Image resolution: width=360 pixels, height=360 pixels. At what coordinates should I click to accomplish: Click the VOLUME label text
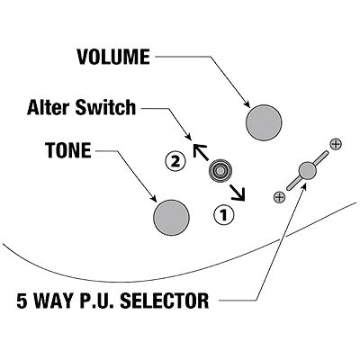coord(113,57)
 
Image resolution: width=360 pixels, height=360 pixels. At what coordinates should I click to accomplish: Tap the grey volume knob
coord(264,122)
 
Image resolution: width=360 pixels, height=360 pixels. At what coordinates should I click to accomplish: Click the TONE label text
coord(68,150)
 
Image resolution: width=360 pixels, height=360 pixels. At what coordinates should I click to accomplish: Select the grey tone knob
coord(171,218)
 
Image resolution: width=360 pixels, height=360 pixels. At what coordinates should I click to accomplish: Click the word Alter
coord(49,107)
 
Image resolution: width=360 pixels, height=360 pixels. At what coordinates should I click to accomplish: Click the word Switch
coord(105,107)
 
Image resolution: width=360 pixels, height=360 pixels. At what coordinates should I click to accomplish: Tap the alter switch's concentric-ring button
coord(220,171)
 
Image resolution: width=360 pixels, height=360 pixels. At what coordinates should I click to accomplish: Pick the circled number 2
coord(175,162)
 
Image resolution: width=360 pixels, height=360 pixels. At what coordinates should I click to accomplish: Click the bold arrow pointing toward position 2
coord(201,152)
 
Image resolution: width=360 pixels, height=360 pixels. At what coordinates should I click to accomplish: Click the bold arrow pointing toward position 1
coord(238,193)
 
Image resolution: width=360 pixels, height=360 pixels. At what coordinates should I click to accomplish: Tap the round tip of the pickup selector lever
coord(308,170)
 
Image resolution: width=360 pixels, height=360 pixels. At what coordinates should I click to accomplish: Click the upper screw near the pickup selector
coord(336,144)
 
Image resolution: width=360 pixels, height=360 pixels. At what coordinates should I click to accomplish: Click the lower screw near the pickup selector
coord(279,197)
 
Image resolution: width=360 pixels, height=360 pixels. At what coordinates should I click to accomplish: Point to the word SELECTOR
coord(164,301)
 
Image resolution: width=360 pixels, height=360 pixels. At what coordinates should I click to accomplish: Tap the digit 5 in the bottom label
coord(22,301)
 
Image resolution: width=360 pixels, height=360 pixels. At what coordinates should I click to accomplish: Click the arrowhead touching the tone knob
coord(153,198)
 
